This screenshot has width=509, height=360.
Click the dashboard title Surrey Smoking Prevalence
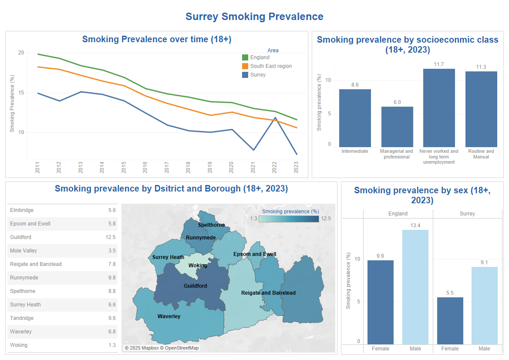tap(254, 17)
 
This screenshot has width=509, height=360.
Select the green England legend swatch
tap(245, 57)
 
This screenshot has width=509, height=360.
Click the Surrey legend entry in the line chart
tap(258, 75)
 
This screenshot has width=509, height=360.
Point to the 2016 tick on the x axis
tap(145, 168)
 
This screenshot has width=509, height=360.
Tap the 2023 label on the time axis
tap(296, 168)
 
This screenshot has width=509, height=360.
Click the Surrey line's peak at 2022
tap(275, 118)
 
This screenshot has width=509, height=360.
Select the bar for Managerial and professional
tap(397, 127)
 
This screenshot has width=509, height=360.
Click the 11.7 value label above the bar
tap(439, 64)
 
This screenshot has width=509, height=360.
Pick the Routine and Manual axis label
tap(481, 154)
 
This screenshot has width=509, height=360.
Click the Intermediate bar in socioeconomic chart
tap(355, 118)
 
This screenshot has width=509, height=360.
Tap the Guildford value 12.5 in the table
tap(111, 237)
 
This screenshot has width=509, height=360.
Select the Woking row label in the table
tap(19, 345)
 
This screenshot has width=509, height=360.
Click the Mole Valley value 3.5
tap(112, 251)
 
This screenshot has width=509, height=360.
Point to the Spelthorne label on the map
tap(212, 225)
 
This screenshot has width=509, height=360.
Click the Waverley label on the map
tap(169, 316)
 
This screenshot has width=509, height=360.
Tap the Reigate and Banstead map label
tap(268, 293)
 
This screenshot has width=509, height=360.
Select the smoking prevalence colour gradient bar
tap(289, 219)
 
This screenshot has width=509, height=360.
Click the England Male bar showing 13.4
tap(415, 287)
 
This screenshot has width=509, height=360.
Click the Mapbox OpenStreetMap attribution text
tap(162, 348)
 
